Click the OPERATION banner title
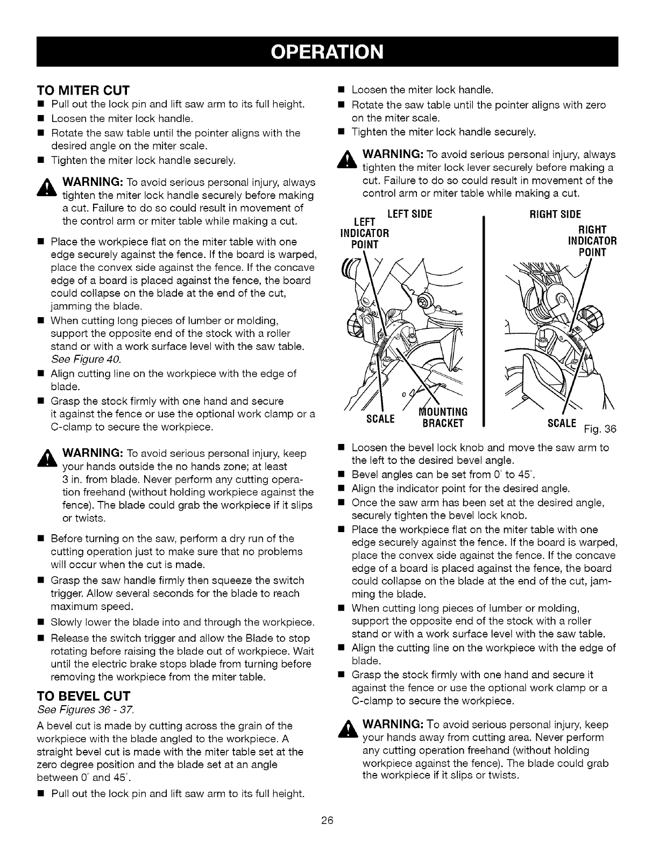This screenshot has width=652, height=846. click(x=327, y=51)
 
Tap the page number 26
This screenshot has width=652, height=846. click(x=327, y=820)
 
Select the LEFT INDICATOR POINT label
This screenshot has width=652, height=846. click(x=364, y=233)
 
